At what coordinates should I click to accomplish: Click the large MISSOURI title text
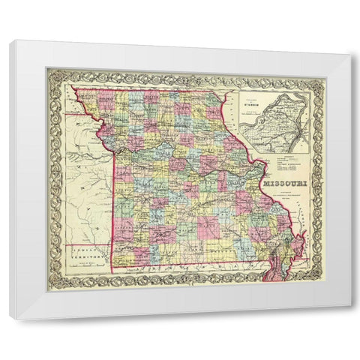click(284, 182)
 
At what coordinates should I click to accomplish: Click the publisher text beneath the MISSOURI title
click(283, 196)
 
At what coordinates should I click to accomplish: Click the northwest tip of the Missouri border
click(75, 91)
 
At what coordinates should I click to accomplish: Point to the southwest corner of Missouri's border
click(113, 271)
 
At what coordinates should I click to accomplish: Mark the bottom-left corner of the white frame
click(10, 319)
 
